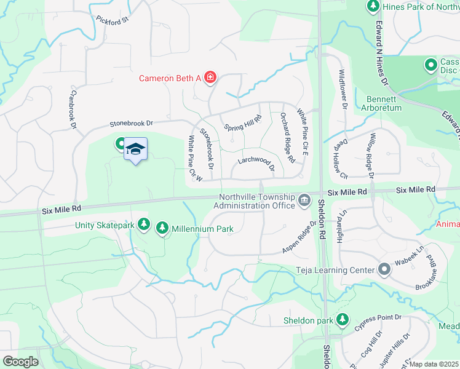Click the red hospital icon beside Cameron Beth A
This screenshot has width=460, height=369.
(x=210, y=77)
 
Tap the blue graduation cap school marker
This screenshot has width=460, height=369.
(x=135, y=149)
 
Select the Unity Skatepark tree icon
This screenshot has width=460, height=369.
(x=143, y=226)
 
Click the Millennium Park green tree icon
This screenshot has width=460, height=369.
(x=162, y=229)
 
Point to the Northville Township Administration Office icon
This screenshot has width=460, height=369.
(x=304, y=201)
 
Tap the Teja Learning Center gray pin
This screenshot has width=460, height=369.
(x=384, y=269)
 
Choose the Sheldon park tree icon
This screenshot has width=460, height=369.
(x=342, y=320)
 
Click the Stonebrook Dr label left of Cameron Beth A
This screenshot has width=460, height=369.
(x=130, y=123)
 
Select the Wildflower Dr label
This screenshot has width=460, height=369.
(x=343, y=90)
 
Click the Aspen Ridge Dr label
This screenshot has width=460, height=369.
(x=299, y=239)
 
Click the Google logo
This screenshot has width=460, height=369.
(x=20, y=362)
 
